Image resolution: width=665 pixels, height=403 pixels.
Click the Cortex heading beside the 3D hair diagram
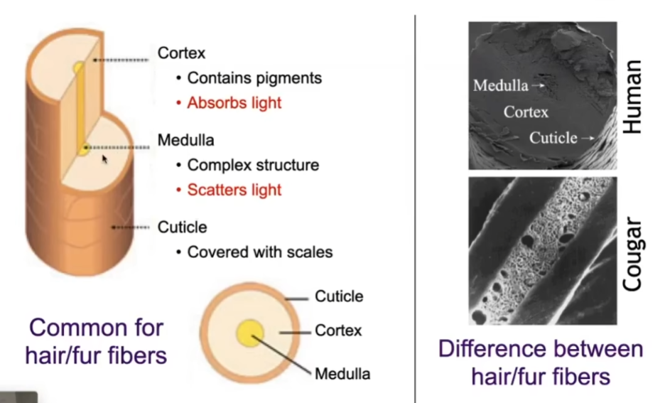point(181,53)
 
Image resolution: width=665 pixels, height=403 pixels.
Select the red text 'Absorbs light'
point(234,102)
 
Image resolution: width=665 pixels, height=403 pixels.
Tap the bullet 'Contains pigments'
point(254,78)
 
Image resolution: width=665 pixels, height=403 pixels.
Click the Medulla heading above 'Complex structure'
point(185,140)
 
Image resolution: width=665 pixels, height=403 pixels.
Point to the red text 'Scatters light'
point(234,190)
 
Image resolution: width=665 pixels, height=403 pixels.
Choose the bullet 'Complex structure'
point(253,165)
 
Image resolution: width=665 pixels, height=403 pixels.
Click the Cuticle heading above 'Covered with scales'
point(182,227)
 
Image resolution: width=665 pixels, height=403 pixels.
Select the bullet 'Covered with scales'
point(260,252)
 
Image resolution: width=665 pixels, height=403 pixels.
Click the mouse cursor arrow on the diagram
point(104,159)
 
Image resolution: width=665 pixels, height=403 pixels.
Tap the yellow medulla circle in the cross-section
point(250,333)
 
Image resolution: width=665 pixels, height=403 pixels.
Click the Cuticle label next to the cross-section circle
point(339,296)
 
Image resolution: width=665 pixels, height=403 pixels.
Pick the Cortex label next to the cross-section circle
point(338,330)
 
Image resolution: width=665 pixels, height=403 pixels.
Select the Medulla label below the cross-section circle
point(342,374)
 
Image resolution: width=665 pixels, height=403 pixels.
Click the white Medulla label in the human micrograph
point(500,85)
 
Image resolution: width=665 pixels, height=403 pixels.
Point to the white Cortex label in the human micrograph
point(526,112)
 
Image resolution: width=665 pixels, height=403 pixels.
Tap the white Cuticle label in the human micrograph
point(553,138)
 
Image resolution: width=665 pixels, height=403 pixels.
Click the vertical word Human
point(632,97)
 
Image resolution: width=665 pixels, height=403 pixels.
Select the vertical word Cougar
point(632,254)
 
